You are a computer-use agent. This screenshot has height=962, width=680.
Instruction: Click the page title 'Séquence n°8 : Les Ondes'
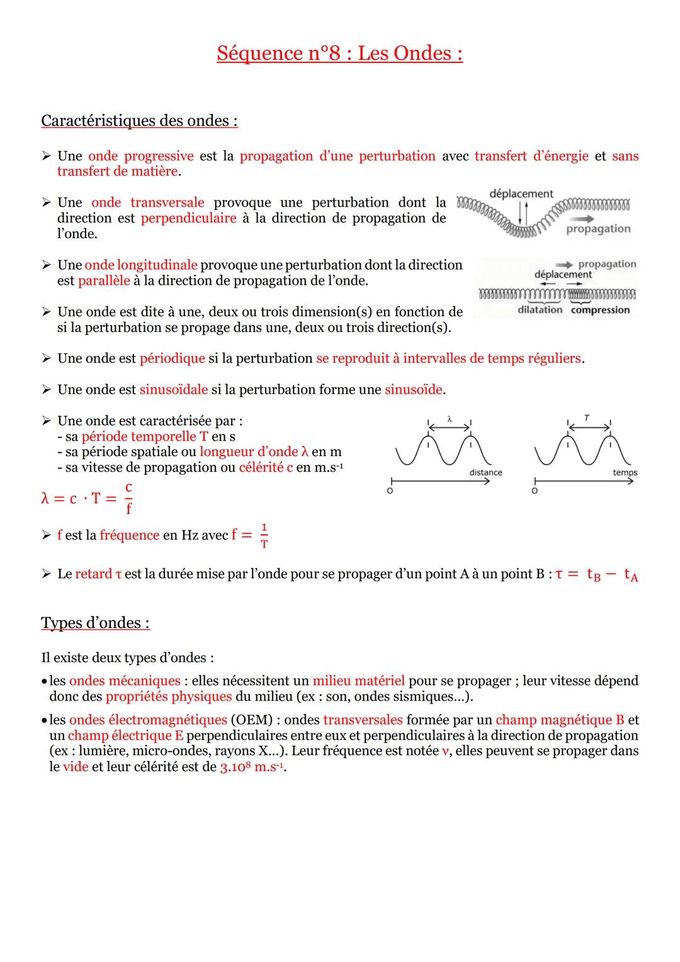pyautogui.click(x=339, y=53)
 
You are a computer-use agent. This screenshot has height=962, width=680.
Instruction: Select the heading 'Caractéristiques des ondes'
pyautogui.click(x=139, y=120)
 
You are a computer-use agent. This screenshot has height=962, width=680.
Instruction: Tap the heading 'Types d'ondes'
pyautogui.click(x=95, y=622)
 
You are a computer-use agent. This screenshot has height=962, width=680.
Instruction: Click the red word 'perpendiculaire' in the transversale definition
pyautogui.click(x=188, y=218)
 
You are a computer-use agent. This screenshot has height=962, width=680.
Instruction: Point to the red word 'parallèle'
pyautogui.click(x=104, y=280)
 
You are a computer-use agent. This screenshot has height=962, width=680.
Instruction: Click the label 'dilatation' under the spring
pyautogui.click(x=540, y=309)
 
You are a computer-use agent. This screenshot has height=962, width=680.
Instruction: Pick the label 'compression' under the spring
pyautogui.click(x=600, y=309)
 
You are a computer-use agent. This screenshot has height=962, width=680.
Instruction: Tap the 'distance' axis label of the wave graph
pyautogui.click(x=485, y=472)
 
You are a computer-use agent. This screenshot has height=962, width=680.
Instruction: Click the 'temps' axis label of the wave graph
pyautogui.click(x=625, y=472)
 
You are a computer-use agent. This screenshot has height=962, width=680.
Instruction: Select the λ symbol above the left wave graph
pyautogui.click(x=449, y=418)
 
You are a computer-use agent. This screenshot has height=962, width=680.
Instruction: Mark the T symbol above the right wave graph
pyautogui.click(x=587, y=418)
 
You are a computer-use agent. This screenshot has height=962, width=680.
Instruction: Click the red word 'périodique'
pyautogui.click(x=172, y=358)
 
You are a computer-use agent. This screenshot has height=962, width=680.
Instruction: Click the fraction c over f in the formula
pyautogui.click(x=128, y=498)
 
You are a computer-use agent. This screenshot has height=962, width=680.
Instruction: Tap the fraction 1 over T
pyautogui.click(x=264, y=535)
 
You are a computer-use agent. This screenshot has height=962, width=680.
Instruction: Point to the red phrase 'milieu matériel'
pyautogui.click(x=358, y=680)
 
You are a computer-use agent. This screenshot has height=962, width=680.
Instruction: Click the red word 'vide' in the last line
pyautogui.click(x=76, y=767)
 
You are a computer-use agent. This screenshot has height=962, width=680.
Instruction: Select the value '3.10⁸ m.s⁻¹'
pyautogui.click(x=252, y=767)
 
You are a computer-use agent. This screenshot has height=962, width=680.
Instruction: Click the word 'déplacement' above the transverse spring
pyautogui.click(x=521, y=193)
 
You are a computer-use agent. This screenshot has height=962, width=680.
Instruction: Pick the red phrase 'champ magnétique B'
pyautogui.click(x=560, y=719)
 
